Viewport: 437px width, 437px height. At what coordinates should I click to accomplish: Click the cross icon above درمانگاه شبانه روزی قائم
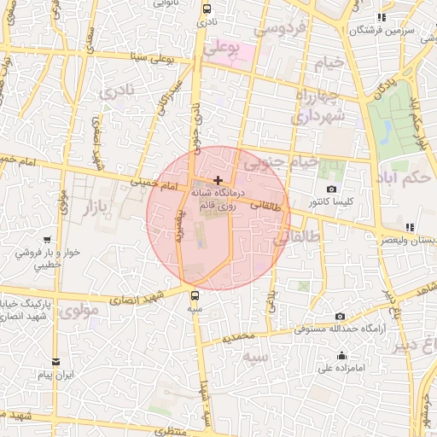(x=219, y=180)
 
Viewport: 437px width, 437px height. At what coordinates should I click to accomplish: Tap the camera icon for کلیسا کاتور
(x=332, y=189)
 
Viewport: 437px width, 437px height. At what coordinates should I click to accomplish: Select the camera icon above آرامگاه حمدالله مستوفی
(x=340, y=316)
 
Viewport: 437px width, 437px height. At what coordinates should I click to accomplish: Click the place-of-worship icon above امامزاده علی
(x=342, y=356)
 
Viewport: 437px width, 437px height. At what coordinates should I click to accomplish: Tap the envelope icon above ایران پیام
(x=56, y=361)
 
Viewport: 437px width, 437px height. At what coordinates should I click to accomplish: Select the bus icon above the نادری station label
(x=206, y=9)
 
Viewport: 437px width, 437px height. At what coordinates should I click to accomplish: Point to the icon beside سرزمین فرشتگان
(x=382, y=16)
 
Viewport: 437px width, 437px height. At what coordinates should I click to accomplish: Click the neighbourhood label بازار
(x=100, y=206)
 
